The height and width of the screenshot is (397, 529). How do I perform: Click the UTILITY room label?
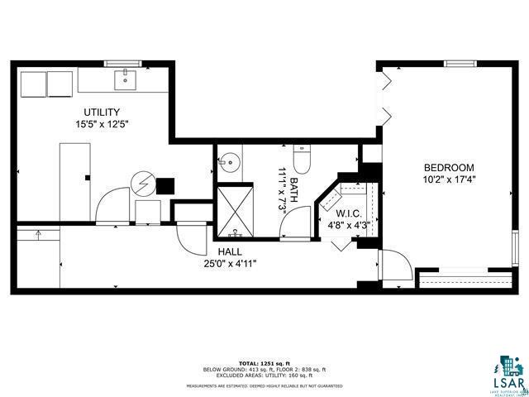pos(102,112)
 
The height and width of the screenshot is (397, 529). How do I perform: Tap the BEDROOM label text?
pos(450,165)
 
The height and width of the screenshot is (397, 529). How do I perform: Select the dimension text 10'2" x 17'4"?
pos(450,178)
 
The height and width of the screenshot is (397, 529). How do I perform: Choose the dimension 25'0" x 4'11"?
pos(230,264)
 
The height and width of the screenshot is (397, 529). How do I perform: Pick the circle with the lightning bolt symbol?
pos(145,181)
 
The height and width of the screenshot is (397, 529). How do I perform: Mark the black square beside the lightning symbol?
pos(165,185)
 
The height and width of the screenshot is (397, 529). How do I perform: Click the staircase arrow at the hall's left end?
pos(38,235)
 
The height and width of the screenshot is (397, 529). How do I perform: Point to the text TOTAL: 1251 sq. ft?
pos(263,363)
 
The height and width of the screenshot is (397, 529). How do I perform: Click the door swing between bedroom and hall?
pos(396,267)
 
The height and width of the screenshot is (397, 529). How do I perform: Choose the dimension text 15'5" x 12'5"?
pos(102,124)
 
